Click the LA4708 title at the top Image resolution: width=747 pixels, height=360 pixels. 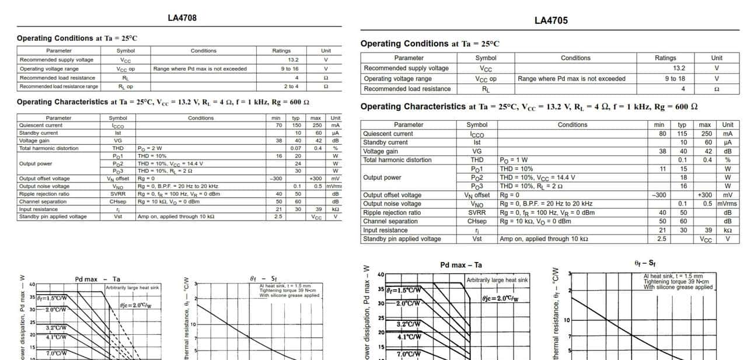(x=182, y=18)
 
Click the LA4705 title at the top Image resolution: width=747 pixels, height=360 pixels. (x=551, y=20)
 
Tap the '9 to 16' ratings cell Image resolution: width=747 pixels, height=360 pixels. (x=289, y=69)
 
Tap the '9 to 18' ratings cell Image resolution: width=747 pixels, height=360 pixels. (x=675, y=79)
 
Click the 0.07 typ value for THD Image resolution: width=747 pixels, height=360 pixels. (x=296, y=148)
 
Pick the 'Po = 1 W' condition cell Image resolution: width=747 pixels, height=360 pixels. (x=514, y=160)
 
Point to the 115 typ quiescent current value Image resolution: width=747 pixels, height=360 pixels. (x=682, y=134)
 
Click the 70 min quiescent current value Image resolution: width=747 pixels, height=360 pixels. (x=279, y=125)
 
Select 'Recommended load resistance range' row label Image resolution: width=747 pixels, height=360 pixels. (x=59, y=86)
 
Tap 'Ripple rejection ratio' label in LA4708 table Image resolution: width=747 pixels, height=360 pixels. (x=44, y=194)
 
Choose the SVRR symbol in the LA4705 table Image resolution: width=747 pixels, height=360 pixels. (x=477, y=212)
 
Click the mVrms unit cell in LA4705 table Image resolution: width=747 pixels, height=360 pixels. (x=727, y=204)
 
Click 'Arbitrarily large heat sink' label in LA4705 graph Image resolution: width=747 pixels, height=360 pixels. (x=497, y=280)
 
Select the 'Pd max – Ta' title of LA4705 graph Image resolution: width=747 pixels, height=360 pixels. (x=461, y=265)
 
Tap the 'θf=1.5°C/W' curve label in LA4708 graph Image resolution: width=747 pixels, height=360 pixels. (x=52, y=298)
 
